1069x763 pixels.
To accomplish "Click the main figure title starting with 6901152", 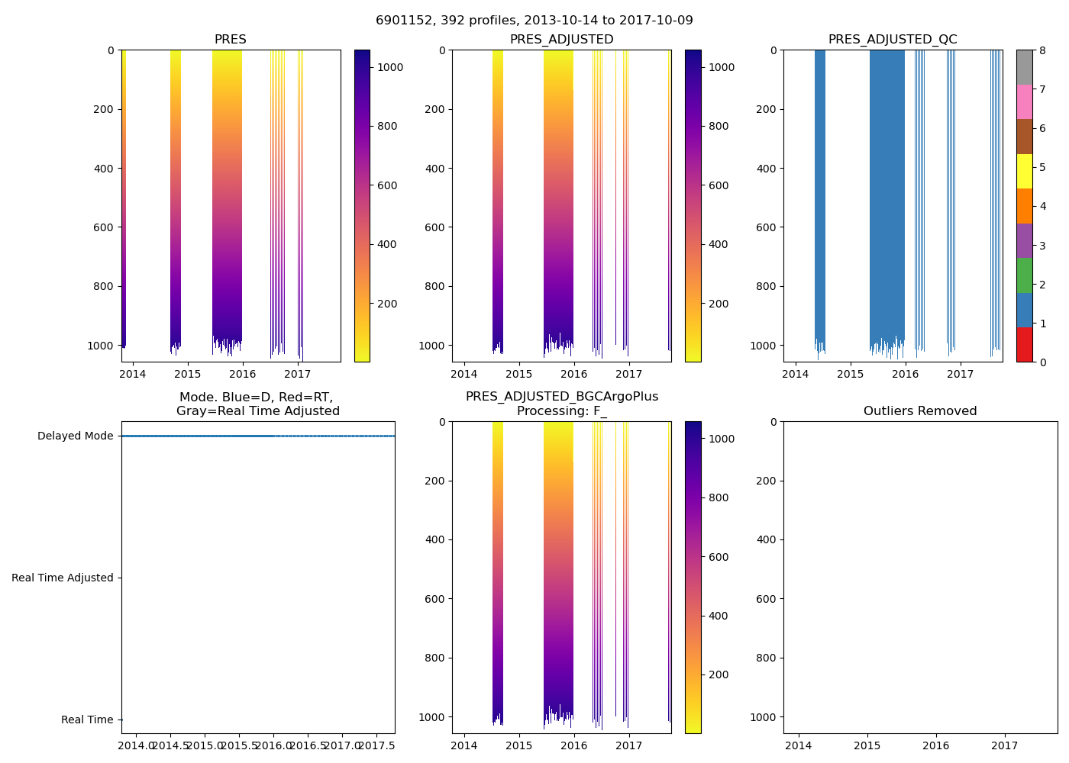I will coord(534,21).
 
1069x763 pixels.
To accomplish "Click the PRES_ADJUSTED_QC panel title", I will coord(893,40).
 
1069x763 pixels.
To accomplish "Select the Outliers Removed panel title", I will coord(920,411).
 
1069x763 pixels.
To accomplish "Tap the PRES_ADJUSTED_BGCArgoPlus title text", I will coord(562,397).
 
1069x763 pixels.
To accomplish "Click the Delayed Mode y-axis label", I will coord(75,436).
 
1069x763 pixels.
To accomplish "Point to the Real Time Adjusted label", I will coord(62,578).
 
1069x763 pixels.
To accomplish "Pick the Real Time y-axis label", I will coord(86,720).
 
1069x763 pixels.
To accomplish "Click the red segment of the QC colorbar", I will coord(1024,345).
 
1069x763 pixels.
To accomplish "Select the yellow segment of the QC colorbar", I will coord(1024,171).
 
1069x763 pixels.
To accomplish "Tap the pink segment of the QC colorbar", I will coord(1024,101).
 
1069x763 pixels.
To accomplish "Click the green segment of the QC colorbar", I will coord(1024,275).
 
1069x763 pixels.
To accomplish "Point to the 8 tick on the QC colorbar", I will coord(1041,51).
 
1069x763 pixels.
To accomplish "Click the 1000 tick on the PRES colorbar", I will coord(390,67).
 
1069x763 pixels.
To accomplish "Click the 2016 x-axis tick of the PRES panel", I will coord(242,374).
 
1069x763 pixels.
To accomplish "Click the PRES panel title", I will coord(230,40).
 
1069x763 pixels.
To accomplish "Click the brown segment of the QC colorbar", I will coord(1024,137).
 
